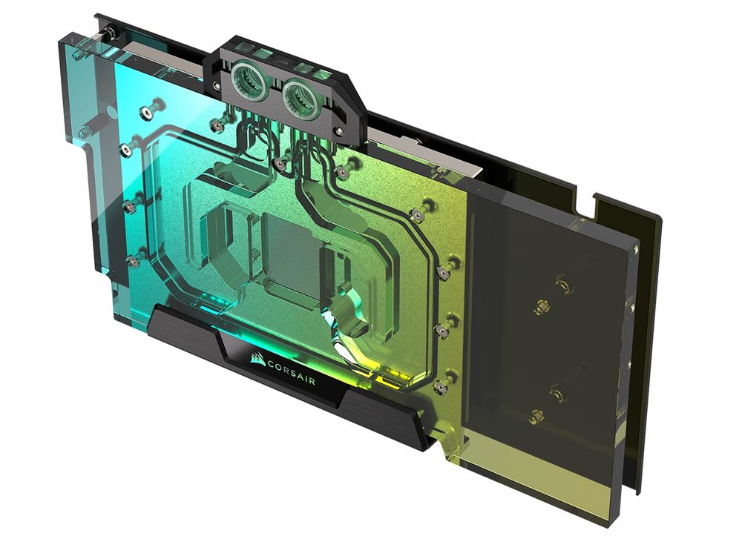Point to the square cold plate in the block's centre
coord(291,257)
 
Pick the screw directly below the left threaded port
coord(279,162)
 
